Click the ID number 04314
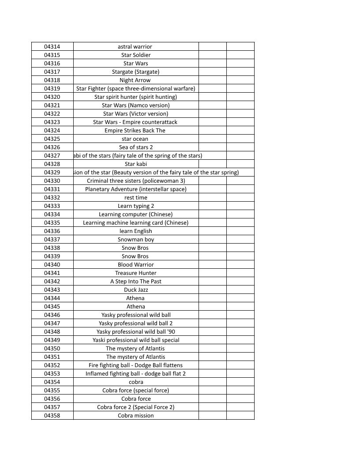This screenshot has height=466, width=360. [x=52, y=46]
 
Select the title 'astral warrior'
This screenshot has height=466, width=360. [x=135, y=46]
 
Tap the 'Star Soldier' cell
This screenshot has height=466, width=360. [x=136, y=55]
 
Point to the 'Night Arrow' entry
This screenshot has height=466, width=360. [x=135, y=80]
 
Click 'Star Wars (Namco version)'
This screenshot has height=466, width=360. [x=136, y=105]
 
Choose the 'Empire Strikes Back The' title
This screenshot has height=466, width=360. [x=135, y=130]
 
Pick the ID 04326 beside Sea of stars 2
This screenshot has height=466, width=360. [x=52, y=147]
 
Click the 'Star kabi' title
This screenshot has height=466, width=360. [x=136, y=164]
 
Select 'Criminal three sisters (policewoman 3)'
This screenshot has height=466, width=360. [x=136, y=180]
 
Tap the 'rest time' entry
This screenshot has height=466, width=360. [x=136, y=197]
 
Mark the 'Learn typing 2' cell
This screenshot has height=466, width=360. [x=136, y=206]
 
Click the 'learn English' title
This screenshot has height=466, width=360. [x=136, y=231]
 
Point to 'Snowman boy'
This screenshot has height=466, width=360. [x=136, y=239]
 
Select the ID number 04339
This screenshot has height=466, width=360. [x=52, y=256]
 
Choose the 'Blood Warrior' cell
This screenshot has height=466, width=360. [x=136, y=264]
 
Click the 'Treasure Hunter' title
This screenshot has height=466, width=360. [x=136, y=273]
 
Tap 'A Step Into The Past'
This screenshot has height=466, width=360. [x=136, y=281]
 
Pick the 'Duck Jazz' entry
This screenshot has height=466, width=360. [x=136, y=289]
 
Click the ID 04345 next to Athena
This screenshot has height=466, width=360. [x=52, y=306]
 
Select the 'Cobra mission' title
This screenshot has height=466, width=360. [x=136, y=415]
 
